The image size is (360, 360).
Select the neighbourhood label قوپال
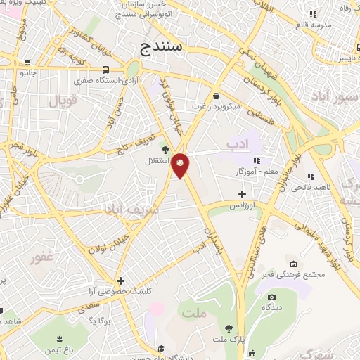[x=63, y=101]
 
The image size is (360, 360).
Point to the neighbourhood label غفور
[x=42, y=257]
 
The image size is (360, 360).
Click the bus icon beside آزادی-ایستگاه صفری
[x=105, y=70]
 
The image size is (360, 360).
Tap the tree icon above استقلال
[x=166, y=150]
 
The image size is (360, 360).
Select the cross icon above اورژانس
[x=243, y=194]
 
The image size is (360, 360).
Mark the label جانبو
[x=27, y=72]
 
